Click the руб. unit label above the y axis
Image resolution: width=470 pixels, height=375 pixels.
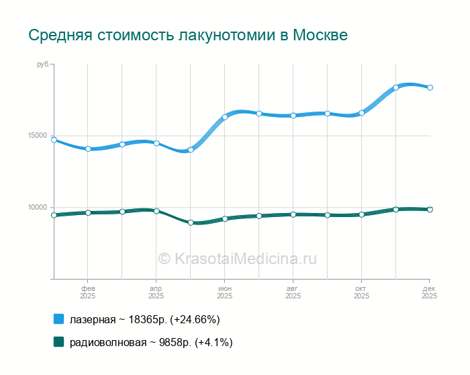click(x=43, y=65)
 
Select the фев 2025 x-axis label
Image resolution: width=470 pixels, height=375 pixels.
click(x=87, y=292)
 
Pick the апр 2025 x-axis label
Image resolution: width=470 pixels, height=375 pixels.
click(x=156, y=292)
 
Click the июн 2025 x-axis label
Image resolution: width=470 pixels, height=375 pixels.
click(x=224, y=292)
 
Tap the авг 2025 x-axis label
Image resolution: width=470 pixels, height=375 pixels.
click(x=293, y=292)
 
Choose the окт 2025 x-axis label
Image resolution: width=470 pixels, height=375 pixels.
click(x=361, y=292)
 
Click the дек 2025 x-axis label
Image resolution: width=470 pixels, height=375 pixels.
click(x=429, y=292)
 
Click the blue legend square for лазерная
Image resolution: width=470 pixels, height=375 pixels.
click(x=58, y=319)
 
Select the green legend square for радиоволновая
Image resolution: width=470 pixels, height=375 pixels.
click(x=58, y=342)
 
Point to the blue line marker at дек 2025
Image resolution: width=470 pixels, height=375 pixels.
click(x=430, y=87)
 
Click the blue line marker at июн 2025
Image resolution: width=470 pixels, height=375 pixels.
click(x=225, y=117)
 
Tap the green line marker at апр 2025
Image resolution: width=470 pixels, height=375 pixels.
click(x=156, y=211)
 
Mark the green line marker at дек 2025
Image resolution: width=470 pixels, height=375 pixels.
click(x=430, y=210)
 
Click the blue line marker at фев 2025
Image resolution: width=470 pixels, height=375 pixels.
click(x=88, y=149)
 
